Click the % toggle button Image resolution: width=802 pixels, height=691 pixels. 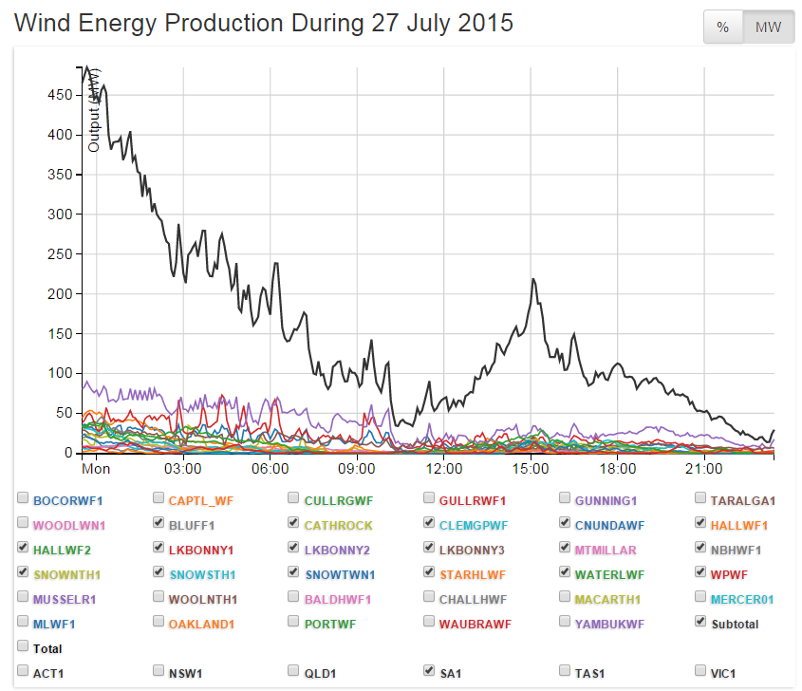(722, 28)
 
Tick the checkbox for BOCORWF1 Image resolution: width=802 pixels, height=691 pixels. (23, 498)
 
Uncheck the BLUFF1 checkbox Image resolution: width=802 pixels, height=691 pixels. (159, 523)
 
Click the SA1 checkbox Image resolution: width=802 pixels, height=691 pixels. (429, 671)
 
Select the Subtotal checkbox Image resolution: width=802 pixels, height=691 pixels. (700, 623)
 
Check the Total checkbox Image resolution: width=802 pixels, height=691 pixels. (23, 646)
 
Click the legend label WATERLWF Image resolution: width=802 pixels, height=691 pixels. (606, 573)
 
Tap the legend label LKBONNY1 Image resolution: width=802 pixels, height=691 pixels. (201, 549)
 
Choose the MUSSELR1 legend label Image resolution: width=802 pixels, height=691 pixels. (65, 599)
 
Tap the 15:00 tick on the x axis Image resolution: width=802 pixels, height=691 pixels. (531, 468)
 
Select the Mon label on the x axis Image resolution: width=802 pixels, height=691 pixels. (95, 468)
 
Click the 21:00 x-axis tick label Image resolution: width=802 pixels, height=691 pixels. (703, 468)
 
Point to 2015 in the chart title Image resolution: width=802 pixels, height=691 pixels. (484, 24)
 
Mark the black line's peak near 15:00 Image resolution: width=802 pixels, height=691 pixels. (533, 279)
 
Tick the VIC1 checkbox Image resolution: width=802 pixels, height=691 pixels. (700, 671)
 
